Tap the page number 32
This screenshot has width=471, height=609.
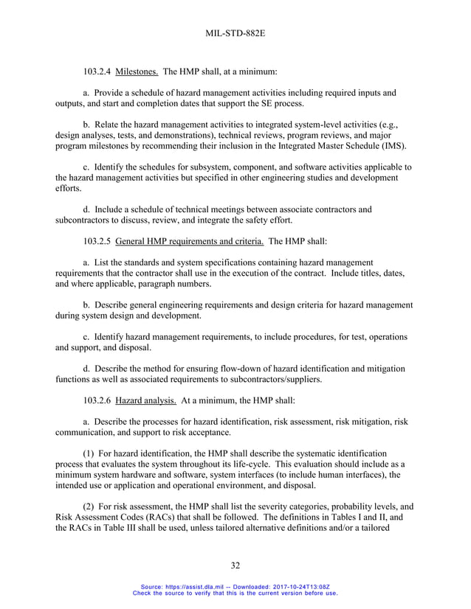pos(235,565)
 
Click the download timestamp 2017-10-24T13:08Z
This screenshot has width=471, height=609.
pos(305,586)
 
